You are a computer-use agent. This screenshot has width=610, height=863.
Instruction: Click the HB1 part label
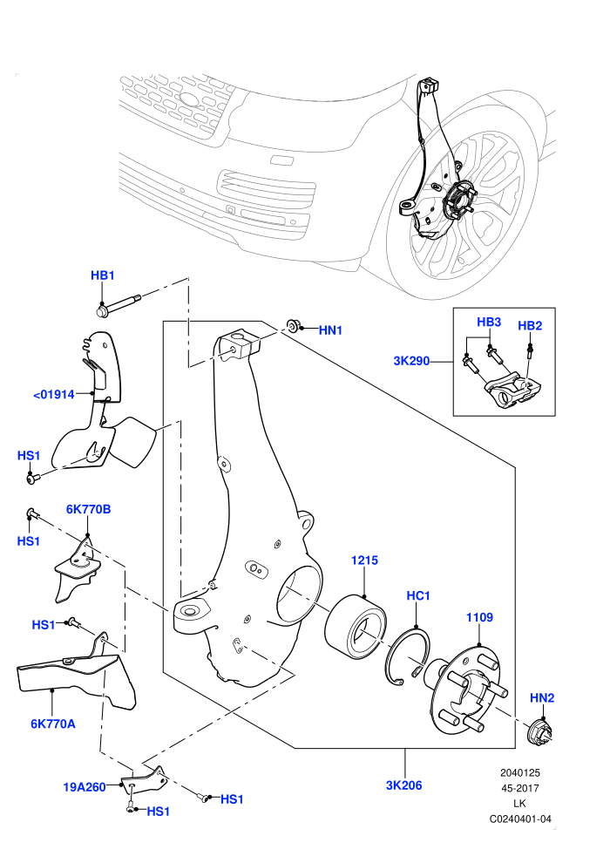(x=102, y=275)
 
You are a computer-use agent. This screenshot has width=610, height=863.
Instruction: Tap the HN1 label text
(x=330, y=330)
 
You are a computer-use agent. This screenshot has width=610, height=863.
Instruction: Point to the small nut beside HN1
(x=293, y=325)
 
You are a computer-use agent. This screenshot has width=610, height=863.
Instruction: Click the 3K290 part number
(x=411, y=362)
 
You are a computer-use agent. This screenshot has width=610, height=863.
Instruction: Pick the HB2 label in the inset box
(x=530, y=325)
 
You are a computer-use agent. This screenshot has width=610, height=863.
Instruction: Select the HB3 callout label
(x=489, y=322)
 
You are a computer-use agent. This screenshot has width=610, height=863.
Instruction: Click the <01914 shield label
(x=54, y=394)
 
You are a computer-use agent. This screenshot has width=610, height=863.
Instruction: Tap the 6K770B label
(x=89, y=509)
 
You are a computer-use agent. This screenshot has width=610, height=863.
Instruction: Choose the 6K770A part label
(x=53, y=724)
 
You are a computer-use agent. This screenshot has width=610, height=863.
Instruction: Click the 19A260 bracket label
(x=85, y=787)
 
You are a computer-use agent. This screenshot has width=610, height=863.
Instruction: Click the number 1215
(x=364, y=561)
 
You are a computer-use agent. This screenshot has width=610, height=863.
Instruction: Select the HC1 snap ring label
(x=418, y=595)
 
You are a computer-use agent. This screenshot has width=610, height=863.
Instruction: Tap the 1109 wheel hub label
(x=479, y=617)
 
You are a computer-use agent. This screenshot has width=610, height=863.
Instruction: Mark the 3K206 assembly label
(x=404, y=785)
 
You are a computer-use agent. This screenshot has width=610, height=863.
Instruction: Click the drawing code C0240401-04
(x=520, y=819)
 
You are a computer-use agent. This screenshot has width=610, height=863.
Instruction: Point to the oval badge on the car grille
(x=190, y=99)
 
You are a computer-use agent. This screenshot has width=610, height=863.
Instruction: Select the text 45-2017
(x=520, y=788)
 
